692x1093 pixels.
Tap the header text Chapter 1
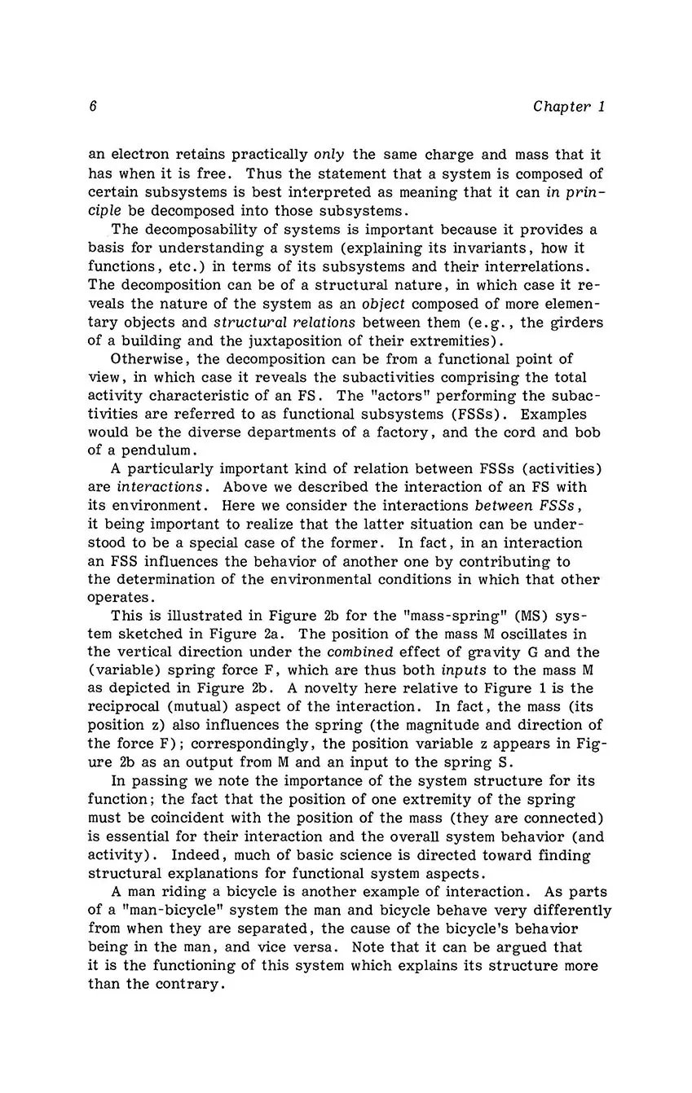[569, 107]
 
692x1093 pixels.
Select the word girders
[575, 322]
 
